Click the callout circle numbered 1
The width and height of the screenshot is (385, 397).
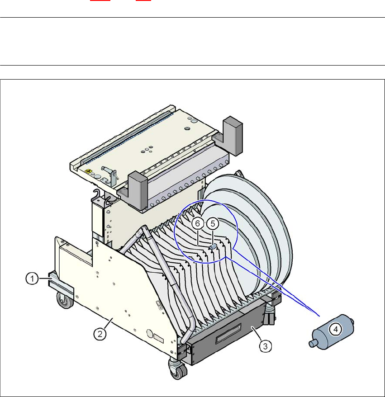click(x=32, y=279)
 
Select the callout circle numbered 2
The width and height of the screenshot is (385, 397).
click(x=100, y=334)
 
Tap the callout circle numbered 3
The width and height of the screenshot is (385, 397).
click(x=265, y=346)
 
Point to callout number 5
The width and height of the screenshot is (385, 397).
click(x=213, y=223)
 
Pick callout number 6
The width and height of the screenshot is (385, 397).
click(x=198, y=223)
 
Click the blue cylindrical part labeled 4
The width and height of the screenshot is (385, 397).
click(x=331, y=332)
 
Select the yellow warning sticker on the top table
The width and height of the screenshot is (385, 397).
click(x=88, y=171)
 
